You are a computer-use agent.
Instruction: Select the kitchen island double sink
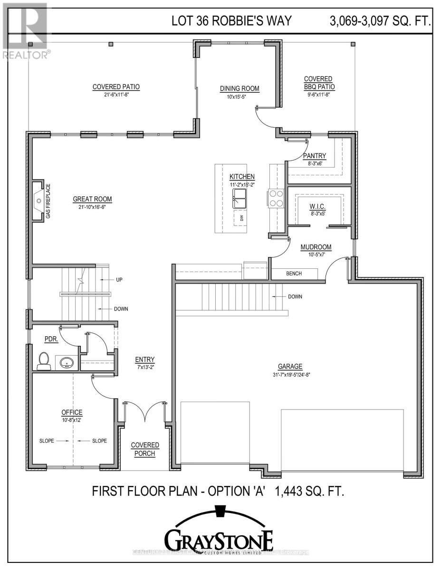(x=240, y=198)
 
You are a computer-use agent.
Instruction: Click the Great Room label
(x=92, y=199)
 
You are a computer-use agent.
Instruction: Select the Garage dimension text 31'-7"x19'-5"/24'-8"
(x=290, y=374)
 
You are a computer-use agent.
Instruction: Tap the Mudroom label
(x=316, y=247)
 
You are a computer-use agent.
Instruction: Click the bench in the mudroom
(x=294, y=274)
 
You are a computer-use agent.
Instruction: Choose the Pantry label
(x=315, y=155)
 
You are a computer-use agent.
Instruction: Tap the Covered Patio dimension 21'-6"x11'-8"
(x=116, y=95)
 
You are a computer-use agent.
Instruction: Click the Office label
(x=72, y=412)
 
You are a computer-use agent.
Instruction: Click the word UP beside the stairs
(x=119, y=280)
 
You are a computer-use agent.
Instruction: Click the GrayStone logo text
(x=219, y=540)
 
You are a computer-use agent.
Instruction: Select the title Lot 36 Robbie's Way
(x=231, y=21)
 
